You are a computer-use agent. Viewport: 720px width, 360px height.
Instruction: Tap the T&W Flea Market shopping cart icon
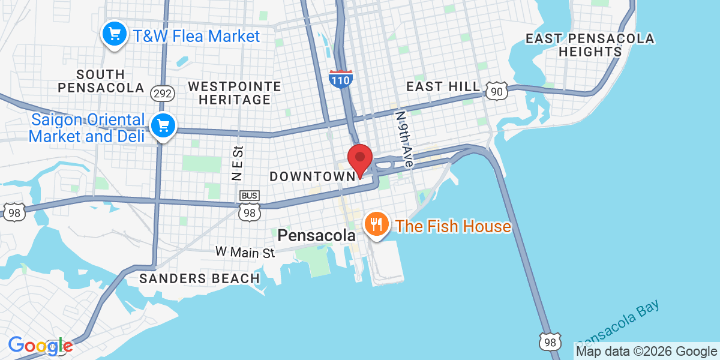click(x=113, y=34)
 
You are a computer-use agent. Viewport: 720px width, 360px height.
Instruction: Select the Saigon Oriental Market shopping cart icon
click(x=163, y=126)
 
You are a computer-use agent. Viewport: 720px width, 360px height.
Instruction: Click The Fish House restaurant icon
click(x=376, y=225)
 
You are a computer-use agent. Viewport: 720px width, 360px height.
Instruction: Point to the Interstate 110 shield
click(x=340, y=79)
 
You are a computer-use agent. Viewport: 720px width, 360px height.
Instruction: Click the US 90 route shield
click(x=497, y=90)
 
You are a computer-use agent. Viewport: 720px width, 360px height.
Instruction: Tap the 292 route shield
click(x=163, y=93)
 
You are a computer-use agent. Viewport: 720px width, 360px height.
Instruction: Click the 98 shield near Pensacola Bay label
click(x=550, y=341)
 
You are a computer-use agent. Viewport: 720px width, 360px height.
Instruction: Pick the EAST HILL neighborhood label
click(x=443, y=87)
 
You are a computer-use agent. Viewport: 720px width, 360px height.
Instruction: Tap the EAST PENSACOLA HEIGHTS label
click(x=590, y=46)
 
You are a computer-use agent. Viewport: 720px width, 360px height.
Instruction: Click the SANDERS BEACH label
click(x=200, y=278)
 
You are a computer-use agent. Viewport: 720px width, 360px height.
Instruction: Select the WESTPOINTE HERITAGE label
click(x=234, y=93)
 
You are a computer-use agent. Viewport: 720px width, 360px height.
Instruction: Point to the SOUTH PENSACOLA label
click(x=101, y=81)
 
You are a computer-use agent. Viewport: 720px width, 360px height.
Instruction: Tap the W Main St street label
click(x=245, y=253)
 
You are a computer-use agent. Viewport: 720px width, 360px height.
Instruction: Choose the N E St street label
click(x=237, y=163)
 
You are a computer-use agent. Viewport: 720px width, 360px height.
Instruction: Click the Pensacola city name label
click(x=316, y=236)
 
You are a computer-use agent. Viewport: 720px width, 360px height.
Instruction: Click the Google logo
click(x=40, y=346)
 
